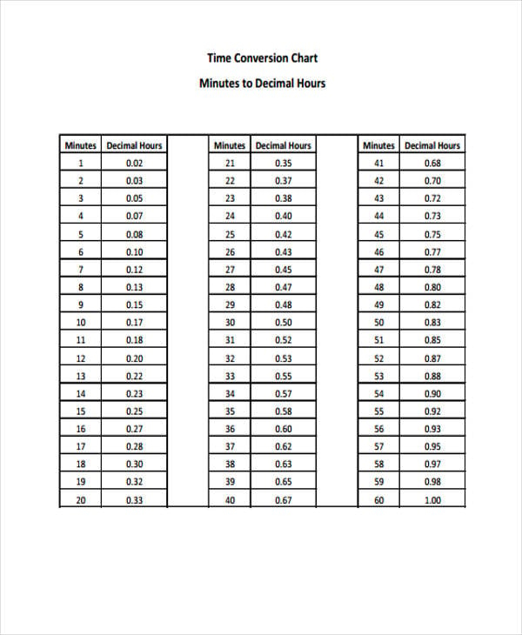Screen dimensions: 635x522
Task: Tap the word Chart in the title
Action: (x=305, y=58)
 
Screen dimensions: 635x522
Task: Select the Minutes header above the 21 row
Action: (x=230, y=145)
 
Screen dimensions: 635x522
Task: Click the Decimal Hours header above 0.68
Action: (x=432, y=145)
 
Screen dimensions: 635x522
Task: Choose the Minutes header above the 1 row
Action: (x=81, y=145)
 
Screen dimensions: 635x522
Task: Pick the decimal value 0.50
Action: (x=284, y=323)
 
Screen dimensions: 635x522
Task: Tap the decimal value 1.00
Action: (x=432, y=500)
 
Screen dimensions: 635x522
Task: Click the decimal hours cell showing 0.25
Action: (x=134, y=411)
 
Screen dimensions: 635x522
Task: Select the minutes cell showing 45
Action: (x=378, y=234)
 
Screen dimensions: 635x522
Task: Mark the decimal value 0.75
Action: (x=432, y=234)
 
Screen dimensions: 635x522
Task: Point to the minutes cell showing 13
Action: (x=81, y=376)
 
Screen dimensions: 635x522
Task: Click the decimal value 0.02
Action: (x=134, y=163)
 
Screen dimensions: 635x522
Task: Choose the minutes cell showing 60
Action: (x=378, y=500)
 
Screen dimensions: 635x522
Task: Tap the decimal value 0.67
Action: (x=284, y=500)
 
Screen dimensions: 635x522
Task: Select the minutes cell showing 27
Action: (x=230, y=270)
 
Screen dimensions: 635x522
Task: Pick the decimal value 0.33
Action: (x=134, y=500)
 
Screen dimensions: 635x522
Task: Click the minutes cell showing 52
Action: (x=378, y=358)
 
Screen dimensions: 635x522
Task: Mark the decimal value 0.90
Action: (x=432, y=394)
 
